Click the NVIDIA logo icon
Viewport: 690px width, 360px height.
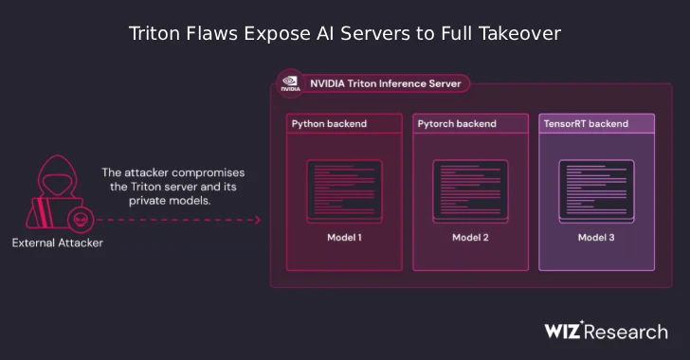pos(288,83)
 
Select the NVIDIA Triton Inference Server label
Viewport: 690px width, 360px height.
pos(385,83)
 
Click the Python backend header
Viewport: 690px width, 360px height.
pos(329,124)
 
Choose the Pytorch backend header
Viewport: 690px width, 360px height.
pos(458,124)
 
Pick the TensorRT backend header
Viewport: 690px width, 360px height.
pos(586,124)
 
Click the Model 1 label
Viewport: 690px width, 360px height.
pos(344,237)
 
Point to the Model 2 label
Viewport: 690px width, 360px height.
pos(470,237)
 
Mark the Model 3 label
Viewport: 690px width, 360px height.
pos(596,237)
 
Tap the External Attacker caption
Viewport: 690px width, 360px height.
pos(57,243)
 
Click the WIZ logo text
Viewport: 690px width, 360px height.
pos(569,331)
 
